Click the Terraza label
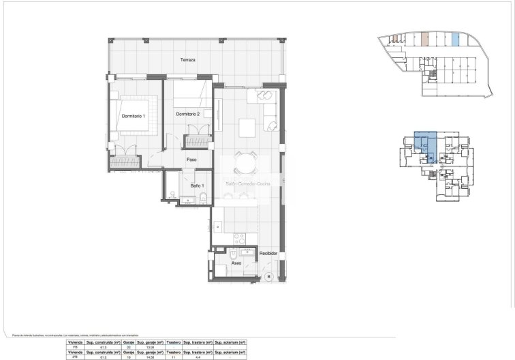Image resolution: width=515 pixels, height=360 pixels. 188,60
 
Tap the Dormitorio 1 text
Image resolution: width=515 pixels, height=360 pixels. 134,117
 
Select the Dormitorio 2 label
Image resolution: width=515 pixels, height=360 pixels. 188,114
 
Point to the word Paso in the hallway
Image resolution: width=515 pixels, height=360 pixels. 192,161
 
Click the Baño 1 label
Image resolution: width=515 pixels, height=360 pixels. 198,185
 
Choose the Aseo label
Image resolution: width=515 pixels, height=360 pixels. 236,262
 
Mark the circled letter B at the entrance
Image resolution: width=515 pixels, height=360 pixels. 268,276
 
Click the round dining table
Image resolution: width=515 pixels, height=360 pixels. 246,162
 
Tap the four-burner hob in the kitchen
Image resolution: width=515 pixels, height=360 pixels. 239,239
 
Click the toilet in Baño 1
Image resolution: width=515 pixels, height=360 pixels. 203,198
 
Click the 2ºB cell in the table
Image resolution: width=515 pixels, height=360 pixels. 74,357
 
